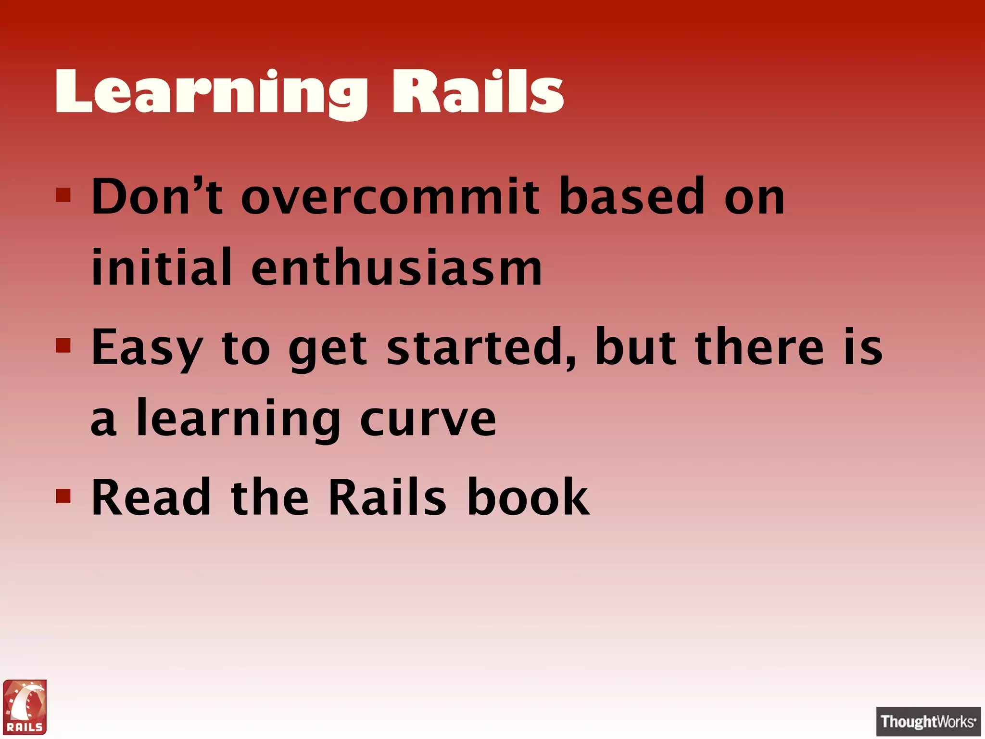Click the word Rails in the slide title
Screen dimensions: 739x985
[478, 91]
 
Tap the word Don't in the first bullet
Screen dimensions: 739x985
[157, 196]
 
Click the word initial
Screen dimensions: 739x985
[162, 268]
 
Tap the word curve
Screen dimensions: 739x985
[428, 419]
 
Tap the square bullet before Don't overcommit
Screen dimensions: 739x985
[63, 195]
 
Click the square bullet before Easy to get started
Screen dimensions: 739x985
[63, 345]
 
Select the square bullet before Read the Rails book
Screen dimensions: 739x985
[63, 496]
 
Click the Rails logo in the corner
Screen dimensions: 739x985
[25, 707]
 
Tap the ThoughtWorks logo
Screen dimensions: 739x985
[928, 721]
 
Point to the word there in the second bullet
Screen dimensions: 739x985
[760, 346]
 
